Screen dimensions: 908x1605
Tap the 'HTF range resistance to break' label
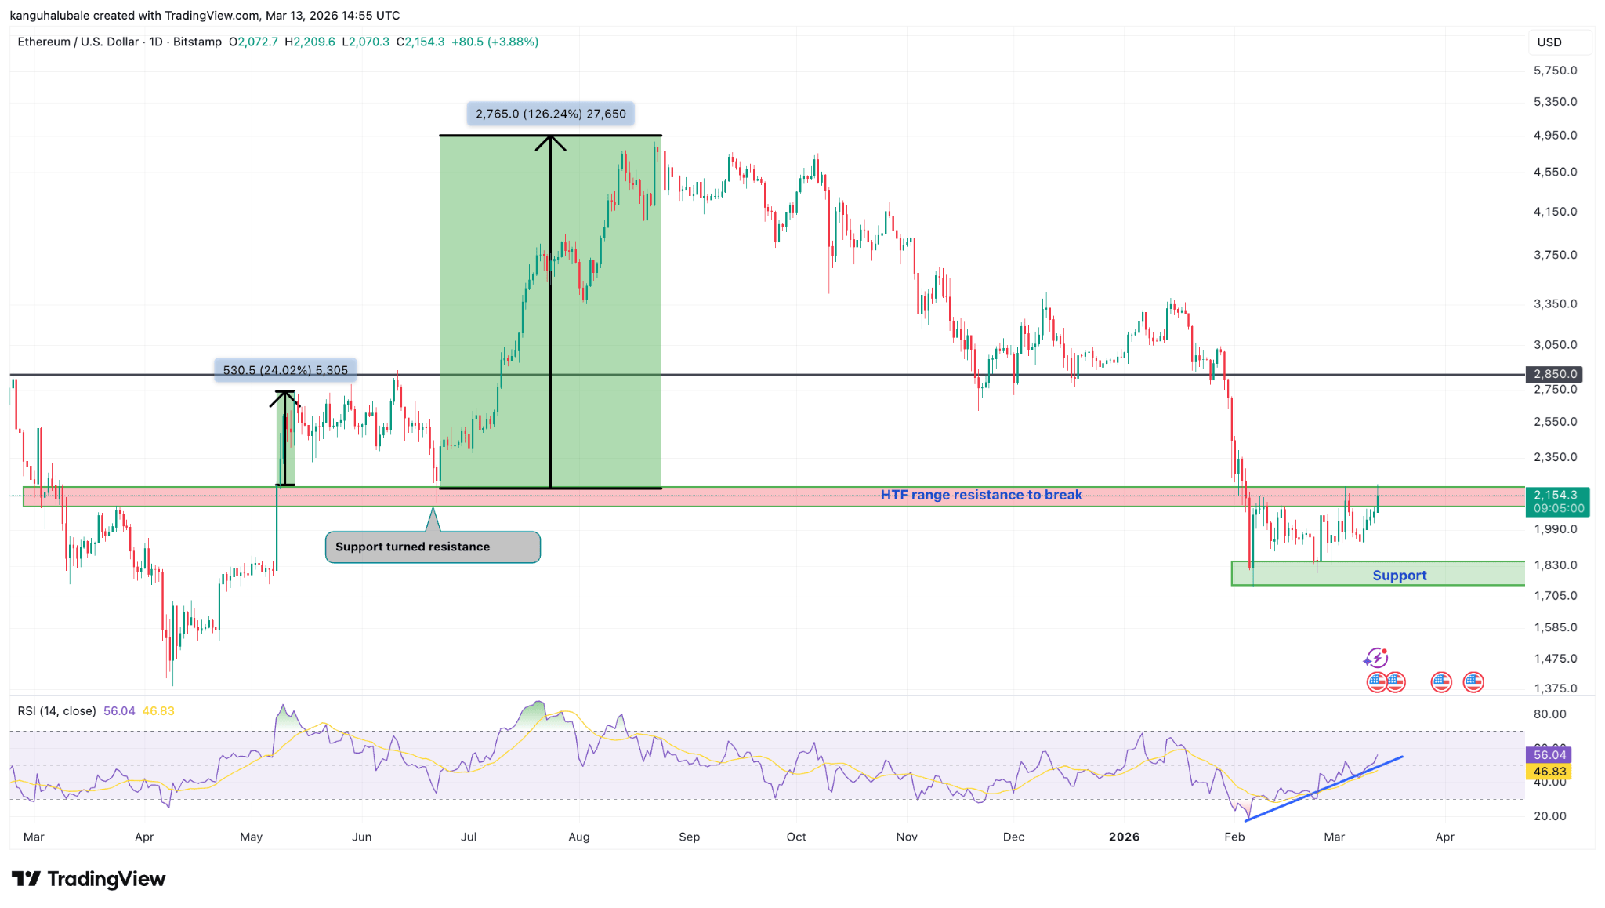coord(981,495)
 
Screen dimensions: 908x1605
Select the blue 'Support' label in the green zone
coord(1399,576)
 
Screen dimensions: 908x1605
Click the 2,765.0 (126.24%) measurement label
coord(551,114)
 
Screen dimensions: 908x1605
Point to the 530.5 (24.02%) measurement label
coord(285,370)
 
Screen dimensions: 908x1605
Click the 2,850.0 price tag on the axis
coord(1555,374)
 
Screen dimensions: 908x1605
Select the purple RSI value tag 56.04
coord(1549,754)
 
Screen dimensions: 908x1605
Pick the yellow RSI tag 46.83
coord(1549,772)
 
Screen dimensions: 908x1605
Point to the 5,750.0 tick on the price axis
coord(1555,71)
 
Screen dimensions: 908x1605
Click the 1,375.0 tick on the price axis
coord(1555,688)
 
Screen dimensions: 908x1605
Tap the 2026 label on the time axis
coord(1124,837)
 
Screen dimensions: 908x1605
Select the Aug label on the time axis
coord(579,837)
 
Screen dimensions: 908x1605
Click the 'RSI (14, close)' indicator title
coord(56,711)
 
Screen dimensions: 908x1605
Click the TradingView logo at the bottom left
coord(88,879)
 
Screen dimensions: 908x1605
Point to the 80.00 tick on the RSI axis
coord(1549,714)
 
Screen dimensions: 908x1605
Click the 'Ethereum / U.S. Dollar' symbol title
coord(78,42)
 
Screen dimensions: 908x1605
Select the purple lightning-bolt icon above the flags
coord(1376,657)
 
